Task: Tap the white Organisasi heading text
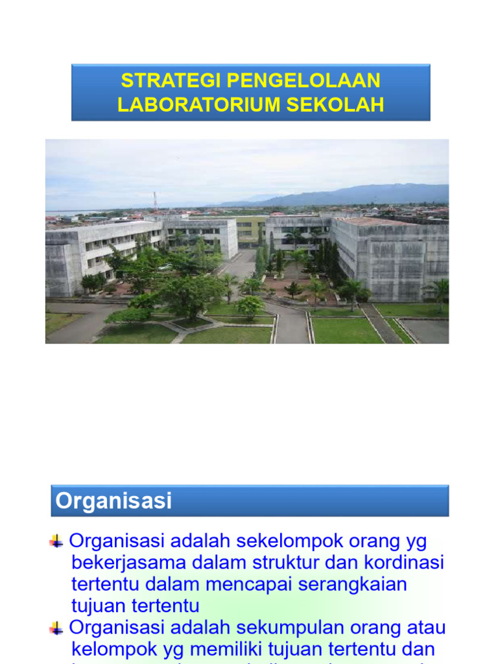point(113,501)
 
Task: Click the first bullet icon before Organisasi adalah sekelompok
point(56,541)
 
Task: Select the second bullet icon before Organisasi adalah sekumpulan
point(56,628)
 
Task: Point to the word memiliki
point(244,649)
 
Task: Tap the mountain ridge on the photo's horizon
point(363,193)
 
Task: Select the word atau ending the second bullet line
point(424,628)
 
